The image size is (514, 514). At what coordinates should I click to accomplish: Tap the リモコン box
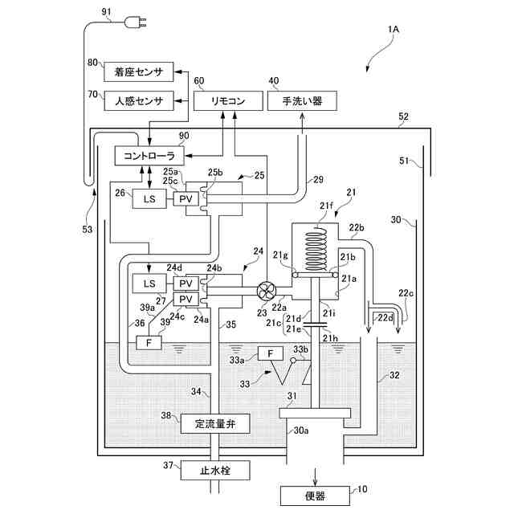(x=229, y=101)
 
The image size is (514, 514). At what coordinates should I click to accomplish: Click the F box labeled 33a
(x=273, y=353)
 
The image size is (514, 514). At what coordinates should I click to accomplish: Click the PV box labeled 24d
(x=186, y=284)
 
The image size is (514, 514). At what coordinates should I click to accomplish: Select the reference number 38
(x=165, y=416)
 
